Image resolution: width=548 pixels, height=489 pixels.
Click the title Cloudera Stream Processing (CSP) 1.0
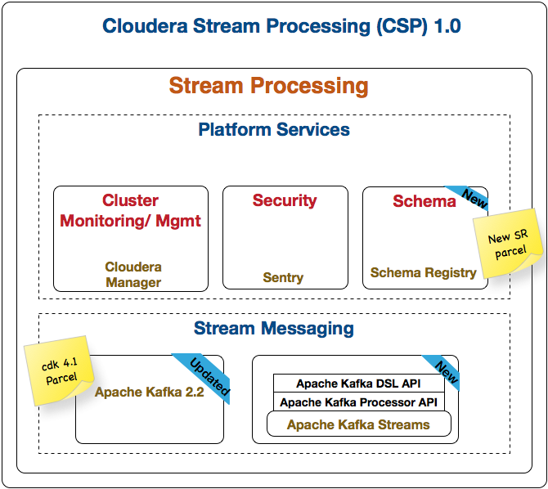281,26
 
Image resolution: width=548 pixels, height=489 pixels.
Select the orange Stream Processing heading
268,86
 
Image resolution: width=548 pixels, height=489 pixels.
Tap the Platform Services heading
273,129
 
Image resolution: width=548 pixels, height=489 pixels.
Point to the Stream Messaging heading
273,329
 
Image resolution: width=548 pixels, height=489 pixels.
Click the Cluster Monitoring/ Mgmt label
131,210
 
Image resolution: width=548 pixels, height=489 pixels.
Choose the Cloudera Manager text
133,275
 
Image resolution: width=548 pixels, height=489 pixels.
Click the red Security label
285,201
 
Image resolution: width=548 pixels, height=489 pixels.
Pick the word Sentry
283,278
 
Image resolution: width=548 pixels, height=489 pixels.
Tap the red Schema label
424,202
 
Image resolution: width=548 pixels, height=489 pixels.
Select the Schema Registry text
423,272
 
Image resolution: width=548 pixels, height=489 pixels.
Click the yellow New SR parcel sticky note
507,244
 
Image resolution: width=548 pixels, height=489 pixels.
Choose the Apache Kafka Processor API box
358,402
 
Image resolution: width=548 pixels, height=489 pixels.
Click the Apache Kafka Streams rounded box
358,424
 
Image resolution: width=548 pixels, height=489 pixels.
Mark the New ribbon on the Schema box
473,197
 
